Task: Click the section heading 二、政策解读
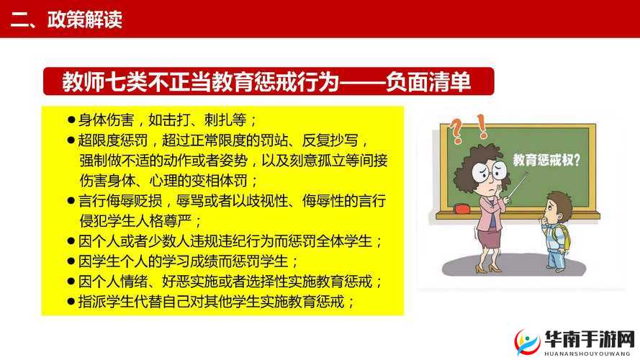pyautogui.click(x=66, y=19)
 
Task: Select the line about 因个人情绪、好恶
pyautogui.click(x=230, y=281)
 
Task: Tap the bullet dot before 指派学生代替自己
pyautogui.click(x=71, y=300)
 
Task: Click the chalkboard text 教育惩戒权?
pyautogui.click(x=546, y=160)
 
